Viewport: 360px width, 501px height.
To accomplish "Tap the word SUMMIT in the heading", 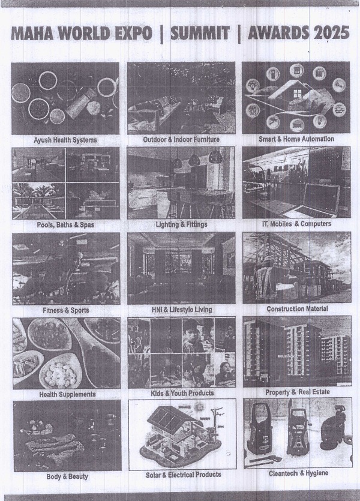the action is (x=200, y=33).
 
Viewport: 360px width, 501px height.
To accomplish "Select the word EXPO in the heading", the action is (x=134, y=33).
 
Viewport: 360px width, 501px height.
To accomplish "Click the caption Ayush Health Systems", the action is (x=65, y=140).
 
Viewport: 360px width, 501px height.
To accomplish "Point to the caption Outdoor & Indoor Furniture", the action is (x=181, y=139).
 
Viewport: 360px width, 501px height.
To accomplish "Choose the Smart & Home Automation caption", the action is (x=296, y=139).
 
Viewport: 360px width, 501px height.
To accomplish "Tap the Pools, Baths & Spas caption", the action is (x=65, y=224).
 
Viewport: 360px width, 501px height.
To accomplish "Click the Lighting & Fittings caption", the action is (x=181, y=224).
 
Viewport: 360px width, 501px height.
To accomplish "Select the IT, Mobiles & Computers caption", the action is (x=296, y=224).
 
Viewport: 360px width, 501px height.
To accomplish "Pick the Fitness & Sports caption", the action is (x=66, y=310).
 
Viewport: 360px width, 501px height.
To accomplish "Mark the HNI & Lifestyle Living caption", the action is (x=182, y=309).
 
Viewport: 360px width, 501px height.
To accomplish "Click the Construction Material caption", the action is (x=297, y=308).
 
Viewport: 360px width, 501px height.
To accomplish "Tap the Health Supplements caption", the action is (x=67, y=394).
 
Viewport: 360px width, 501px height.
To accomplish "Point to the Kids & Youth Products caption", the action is (x=182, y=393).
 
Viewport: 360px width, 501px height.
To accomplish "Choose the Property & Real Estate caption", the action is (x=298, y=392).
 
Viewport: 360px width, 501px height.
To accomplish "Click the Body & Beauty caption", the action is (x=67, y=476).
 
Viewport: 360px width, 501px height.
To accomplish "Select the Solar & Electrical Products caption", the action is (x=184, y=475).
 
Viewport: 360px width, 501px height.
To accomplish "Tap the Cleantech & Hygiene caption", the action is (x=298, y=473).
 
